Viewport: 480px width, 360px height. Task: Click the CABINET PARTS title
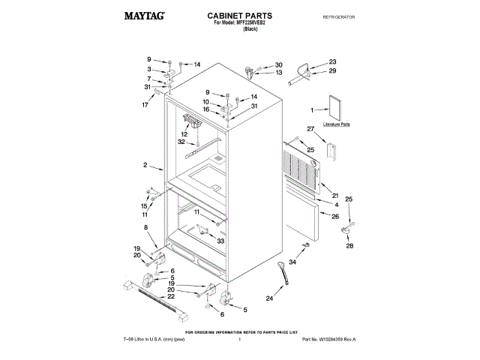click(x=239, y=15)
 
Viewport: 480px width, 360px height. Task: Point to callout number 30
click(x=278, y=65)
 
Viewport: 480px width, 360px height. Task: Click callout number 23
click(x=332, y=61)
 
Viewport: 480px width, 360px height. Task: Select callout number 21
click(x=335, y=196)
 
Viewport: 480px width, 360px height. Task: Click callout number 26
click(x=335, y=217)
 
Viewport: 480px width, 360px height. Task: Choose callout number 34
click(x=292, y=263)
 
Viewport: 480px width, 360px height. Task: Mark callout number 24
click(x=269, y=298)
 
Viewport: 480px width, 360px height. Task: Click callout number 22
click(x=171, y=297)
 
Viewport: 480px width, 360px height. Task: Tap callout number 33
click(x=220, y=241)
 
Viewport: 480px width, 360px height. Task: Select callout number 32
click(x=181, y=142)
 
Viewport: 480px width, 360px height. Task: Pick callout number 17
click(x=145, y=105)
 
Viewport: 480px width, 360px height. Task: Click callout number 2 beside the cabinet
click(x=144, y=165)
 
